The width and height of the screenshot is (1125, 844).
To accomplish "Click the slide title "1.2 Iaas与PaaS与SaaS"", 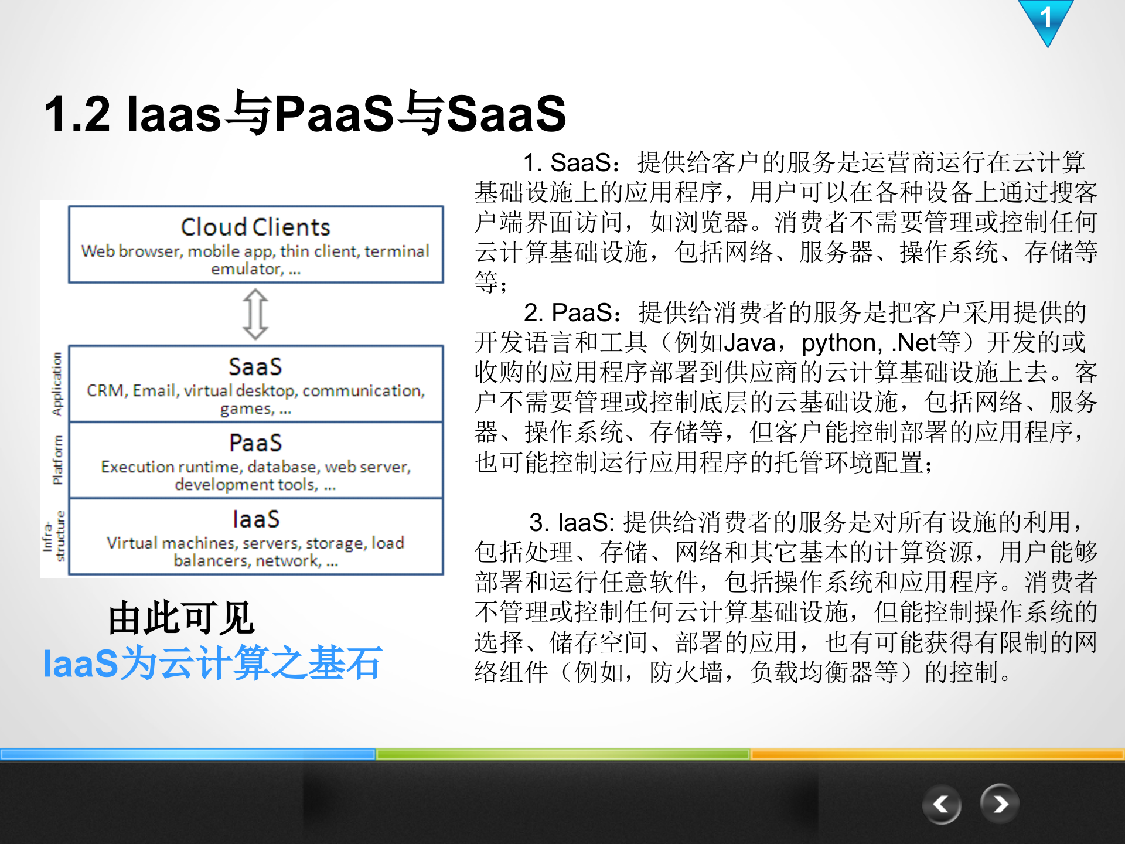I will [x=305, y=113].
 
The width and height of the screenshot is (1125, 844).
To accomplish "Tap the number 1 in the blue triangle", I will [x=1046, y=18].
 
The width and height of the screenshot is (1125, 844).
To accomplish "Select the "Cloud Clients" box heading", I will [x=255, y=227].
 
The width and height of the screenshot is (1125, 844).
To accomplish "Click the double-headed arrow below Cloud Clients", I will [x=255, y=314].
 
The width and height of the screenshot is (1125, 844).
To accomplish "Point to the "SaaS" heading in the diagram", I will [x=255, y=367].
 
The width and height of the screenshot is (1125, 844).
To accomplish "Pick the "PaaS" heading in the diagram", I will [x=255, y=443].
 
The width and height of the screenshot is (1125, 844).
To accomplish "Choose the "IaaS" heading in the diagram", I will [x=255, y=519].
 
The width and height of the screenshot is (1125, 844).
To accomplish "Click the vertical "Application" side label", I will [x=57, y=384].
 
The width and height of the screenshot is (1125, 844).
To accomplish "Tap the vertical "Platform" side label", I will [x=57, y=460].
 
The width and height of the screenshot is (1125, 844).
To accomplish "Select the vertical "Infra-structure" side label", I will [x=53, y=536].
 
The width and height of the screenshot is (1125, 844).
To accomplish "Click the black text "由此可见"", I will [x=181, y=618].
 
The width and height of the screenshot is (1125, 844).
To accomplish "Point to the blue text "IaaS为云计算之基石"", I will [x=212, y=663].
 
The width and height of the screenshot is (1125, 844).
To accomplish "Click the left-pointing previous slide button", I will [x=941, y=804].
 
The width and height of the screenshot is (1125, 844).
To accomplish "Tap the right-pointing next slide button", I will [x=1000, y=804].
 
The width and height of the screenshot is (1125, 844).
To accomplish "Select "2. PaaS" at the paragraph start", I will [x=568, y=312].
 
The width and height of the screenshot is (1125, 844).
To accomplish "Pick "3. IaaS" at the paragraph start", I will [x=571, y=522].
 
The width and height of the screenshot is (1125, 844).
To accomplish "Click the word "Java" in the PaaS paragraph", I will [x=749, y=343].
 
